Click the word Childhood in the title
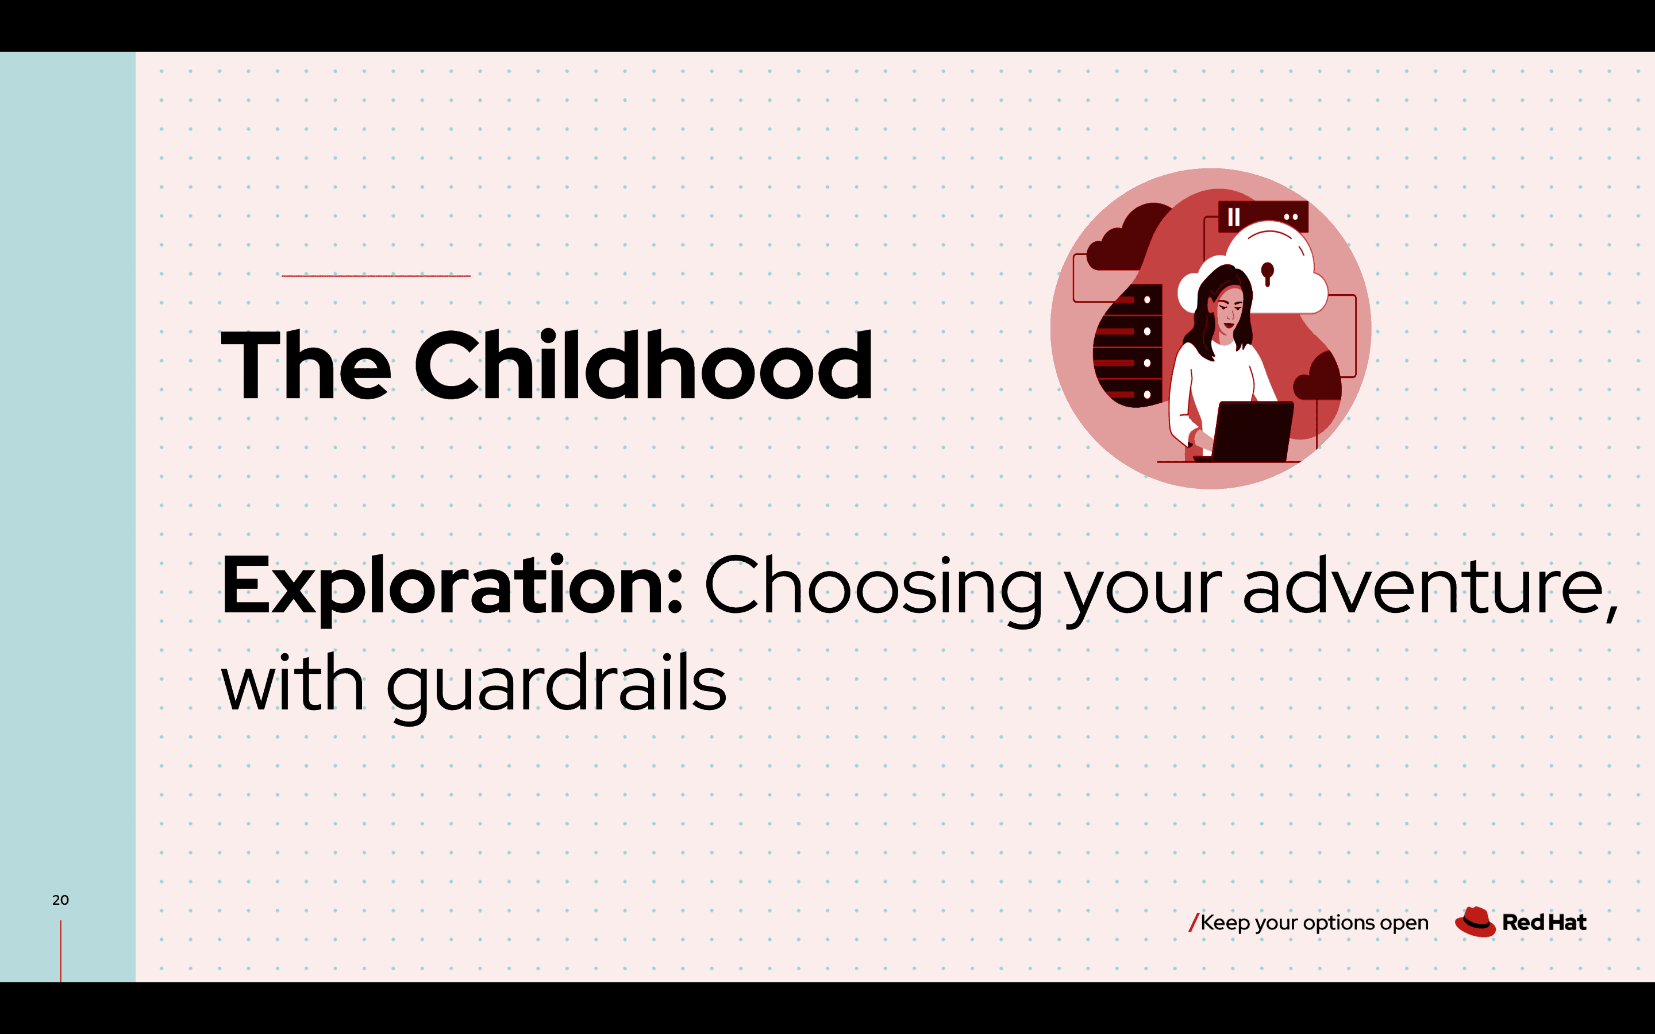coord(644,365)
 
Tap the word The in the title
coord(306,365)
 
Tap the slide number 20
coord(60,900)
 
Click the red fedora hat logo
coord(1475,922)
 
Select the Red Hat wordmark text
coord(1544,923)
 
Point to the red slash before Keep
coord(1194,923)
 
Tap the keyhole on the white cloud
coord(1267,273)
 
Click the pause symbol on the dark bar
coord(1234,217)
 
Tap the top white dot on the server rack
coord(1147,299)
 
